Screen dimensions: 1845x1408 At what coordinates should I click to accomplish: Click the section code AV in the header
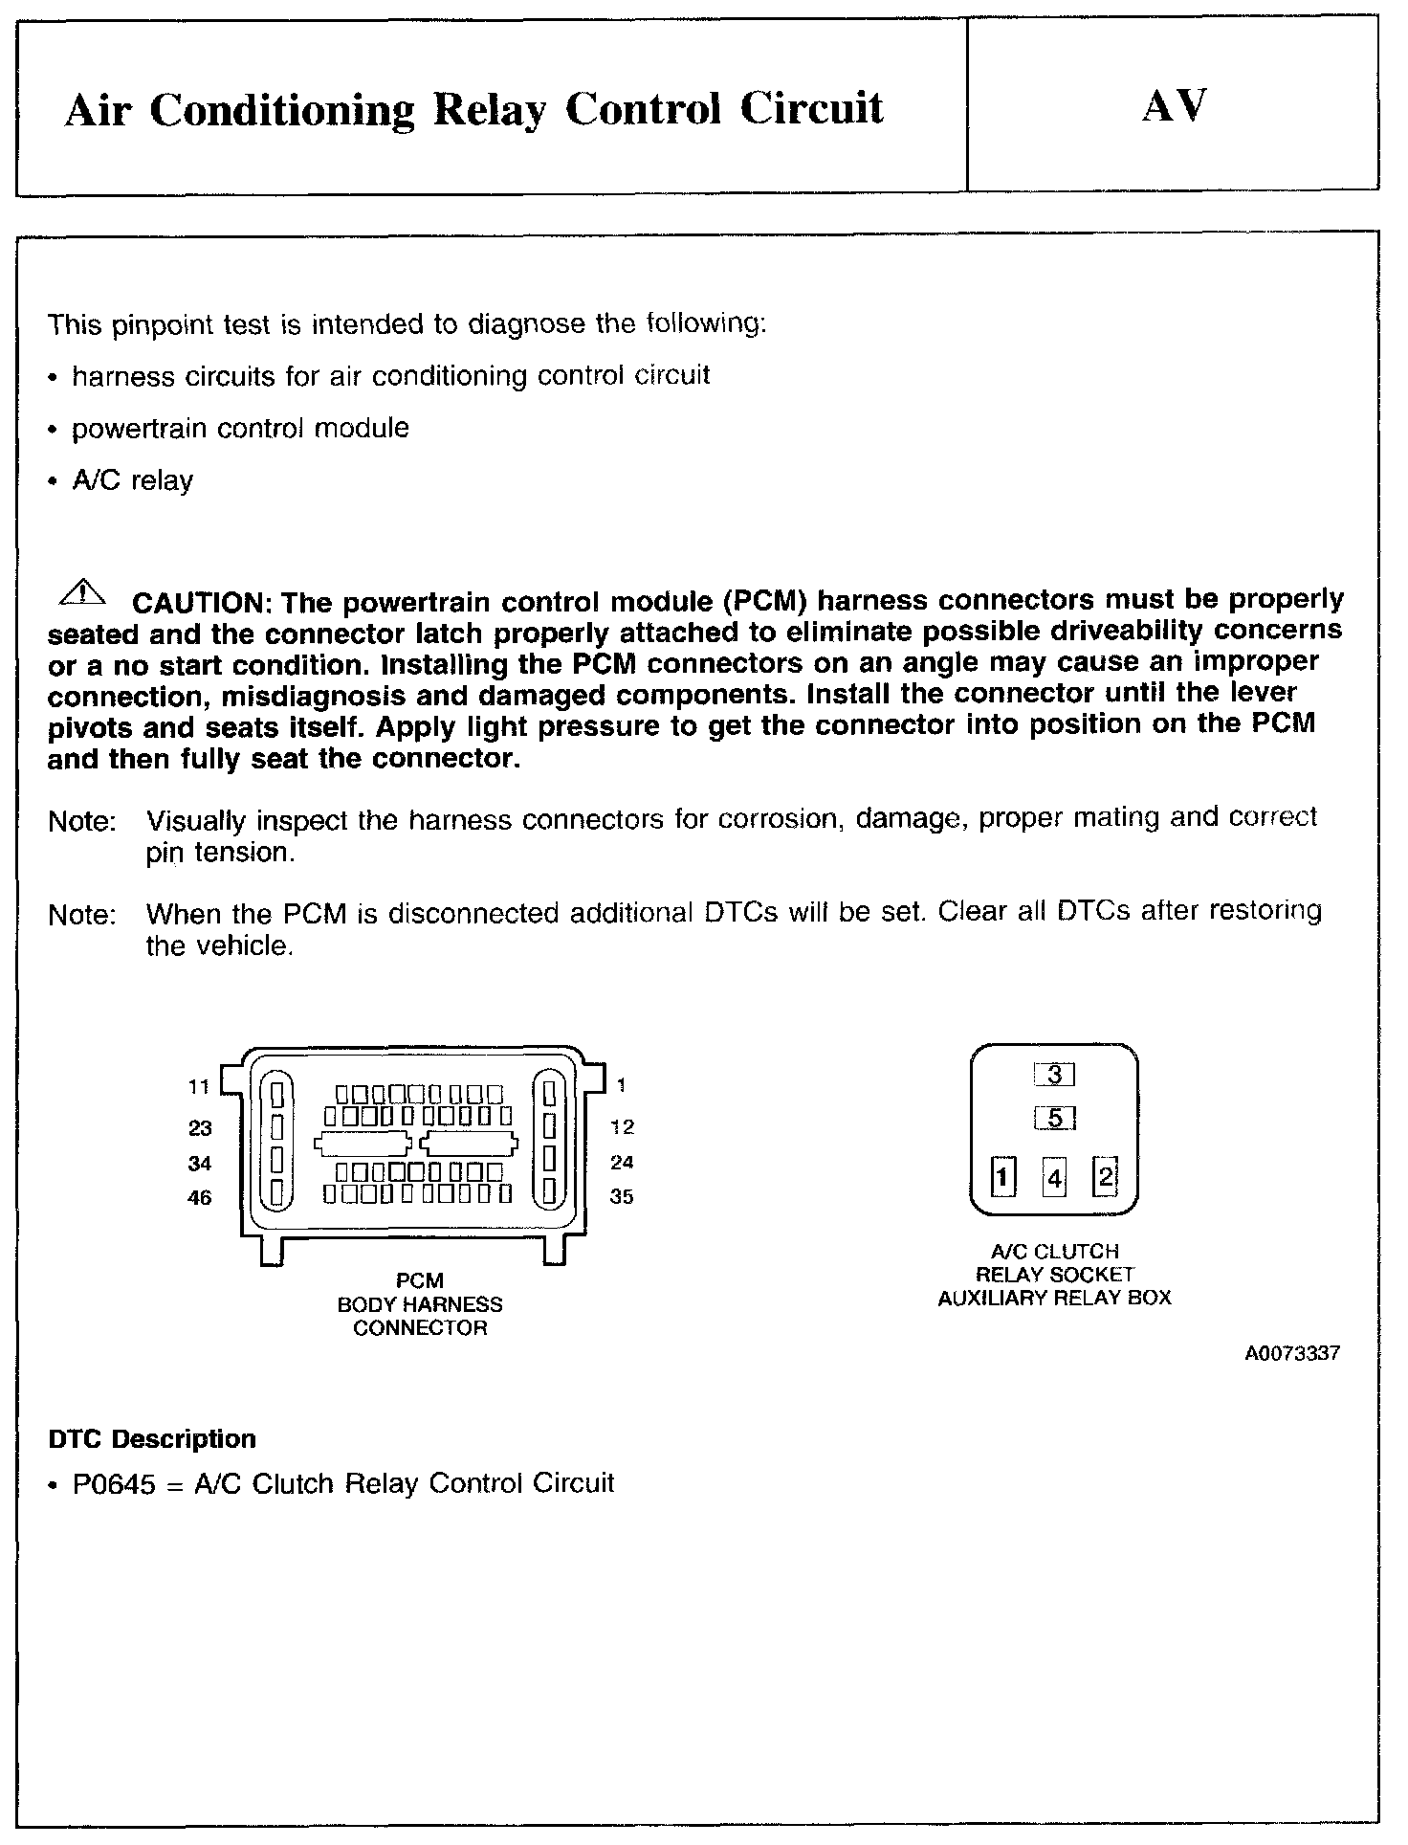pos(1174,106)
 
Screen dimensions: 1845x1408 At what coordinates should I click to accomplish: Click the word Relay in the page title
pos(491,110)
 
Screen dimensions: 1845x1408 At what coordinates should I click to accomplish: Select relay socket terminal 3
pos(1055,1075)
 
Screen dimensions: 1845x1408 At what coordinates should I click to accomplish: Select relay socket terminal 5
pos(1055,1118)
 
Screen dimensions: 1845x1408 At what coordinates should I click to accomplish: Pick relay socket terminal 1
pos(1002,1177)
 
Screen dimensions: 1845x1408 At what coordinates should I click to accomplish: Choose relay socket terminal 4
pos(1054,1178)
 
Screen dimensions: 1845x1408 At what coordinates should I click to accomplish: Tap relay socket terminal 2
pos(1105,1176)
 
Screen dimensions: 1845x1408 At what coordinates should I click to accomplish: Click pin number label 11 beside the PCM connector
pos(199,1086)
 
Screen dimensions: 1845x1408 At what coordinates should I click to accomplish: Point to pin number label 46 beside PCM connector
pos(199,1198)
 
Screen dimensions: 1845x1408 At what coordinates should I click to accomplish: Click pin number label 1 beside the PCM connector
pos(622,1085)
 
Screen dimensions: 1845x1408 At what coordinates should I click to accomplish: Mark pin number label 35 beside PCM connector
pos(622,1197)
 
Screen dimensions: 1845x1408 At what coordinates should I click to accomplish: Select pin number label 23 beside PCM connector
pos(199,1128)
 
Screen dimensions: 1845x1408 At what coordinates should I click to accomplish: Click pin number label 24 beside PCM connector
pos(622,1163)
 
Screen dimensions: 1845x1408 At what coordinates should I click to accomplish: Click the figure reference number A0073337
pos(1292,1354)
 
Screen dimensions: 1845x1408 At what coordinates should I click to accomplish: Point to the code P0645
pos(114,1484)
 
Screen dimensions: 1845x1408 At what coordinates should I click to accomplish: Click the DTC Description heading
pos(152,1439)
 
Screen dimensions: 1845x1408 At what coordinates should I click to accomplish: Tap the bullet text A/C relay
pos(133,480)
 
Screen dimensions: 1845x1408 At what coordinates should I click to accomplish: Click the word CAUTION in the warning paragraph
pos(197,603)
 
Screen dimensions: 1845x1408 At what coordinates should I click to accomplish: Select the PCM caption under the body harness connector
pos(420,1280)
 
